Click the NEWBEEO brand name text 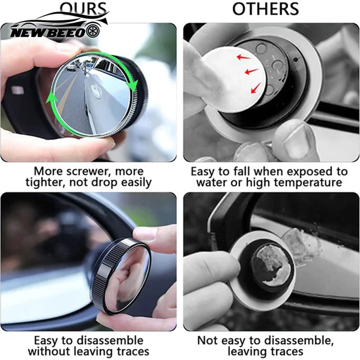coord(47,31)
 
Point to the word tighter coord(52,183)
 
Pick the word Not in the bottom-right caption coord(208,340)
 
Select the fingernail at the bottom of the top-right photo coord(296,144)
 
